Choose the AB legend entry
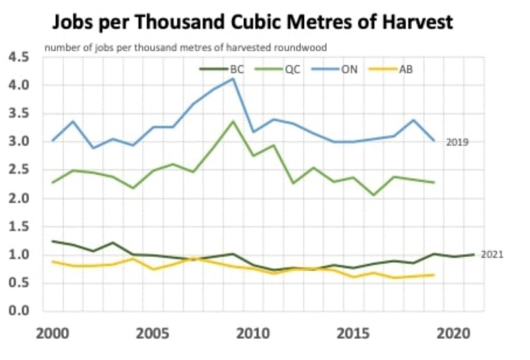(x=405, y=69)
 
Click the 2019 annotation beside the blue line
(x=457, y=142)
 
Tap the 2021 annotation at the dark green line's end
(x=492, y=255)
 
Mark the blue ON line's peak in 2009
(x=233, y=79)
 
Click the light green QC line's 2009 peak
(x=233, y=121)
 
